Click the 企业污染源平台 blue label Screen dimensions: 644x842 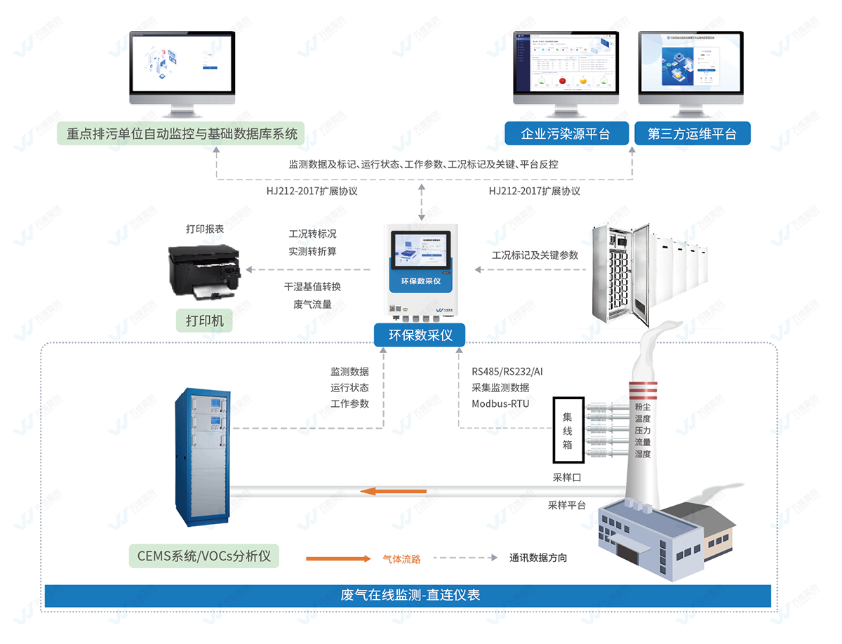pyautogui.click(x=566, y=133)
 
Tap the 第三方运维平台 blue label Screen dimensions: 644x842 pyautogui.click(x=693, y=133)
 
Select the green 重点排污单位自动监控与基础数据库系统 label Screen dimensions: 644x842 pyautogui.click(x=182, y=133)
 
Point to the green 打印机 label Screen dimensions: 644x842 pyautogui.click(x=205, y=321)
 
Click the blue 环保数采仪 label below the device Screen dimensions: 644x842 pyautogui.click(x=419, y=335)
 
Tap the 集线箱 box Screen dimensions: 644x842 pyautogui.click(x=568, y=430)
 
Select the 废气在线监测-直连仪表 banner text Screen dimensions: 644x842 pyautogui.click(x=410, y=596)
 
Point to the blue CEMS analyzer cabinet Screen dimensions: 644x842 pyautogui.click(x=202, y=458)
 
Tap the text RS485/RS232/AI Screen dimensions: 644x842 pyautogui.click(x=507, y=371)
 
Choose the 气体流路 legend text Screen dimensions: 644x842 pyautogui.click(x=401, y=558)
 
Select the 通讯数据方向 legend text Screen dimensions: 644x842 pyautogui.click(x=538, y=558)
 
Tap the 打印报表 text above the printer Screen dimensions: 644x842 pyautogui.click(x=205, y=229)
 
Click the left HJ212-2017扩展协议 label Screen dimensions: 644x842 pyautogui.click(x=312, y=191)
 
